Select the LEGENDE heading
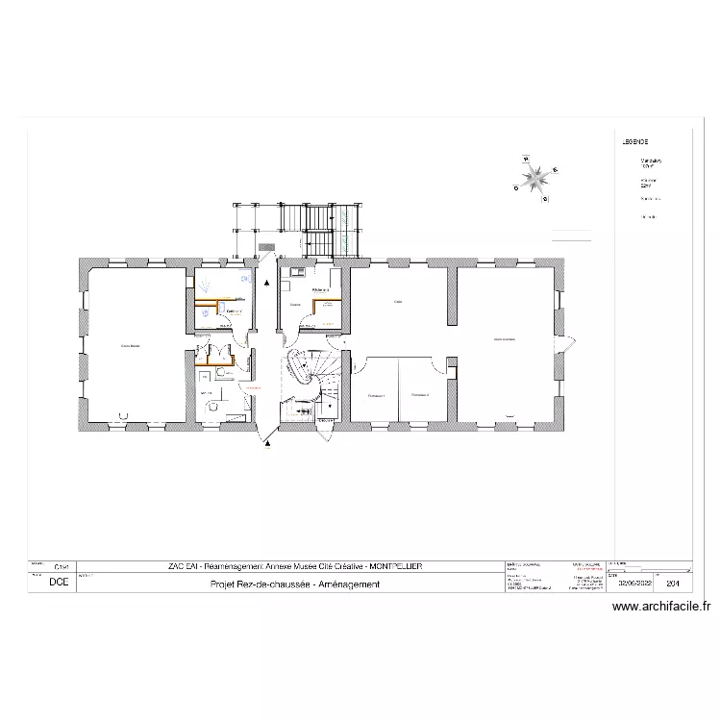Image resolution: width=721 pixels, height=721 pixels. tap(636, 141)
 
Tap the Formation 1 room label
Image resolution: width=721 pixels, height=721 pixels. tap(375, 395)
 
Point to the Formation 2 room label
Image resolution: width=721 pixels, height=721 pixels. tap(419, 395)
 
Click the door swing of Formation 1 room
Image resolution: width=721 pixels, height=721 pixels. tap(357, 365)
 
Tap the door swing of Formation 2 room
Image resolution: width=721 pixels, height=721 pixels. tap(448, 365)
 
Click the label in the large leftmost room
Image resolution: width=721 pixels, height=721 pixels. tap(130, 345)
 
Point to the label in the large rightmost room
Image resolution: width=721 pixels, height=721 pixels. tap(505, 339)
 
